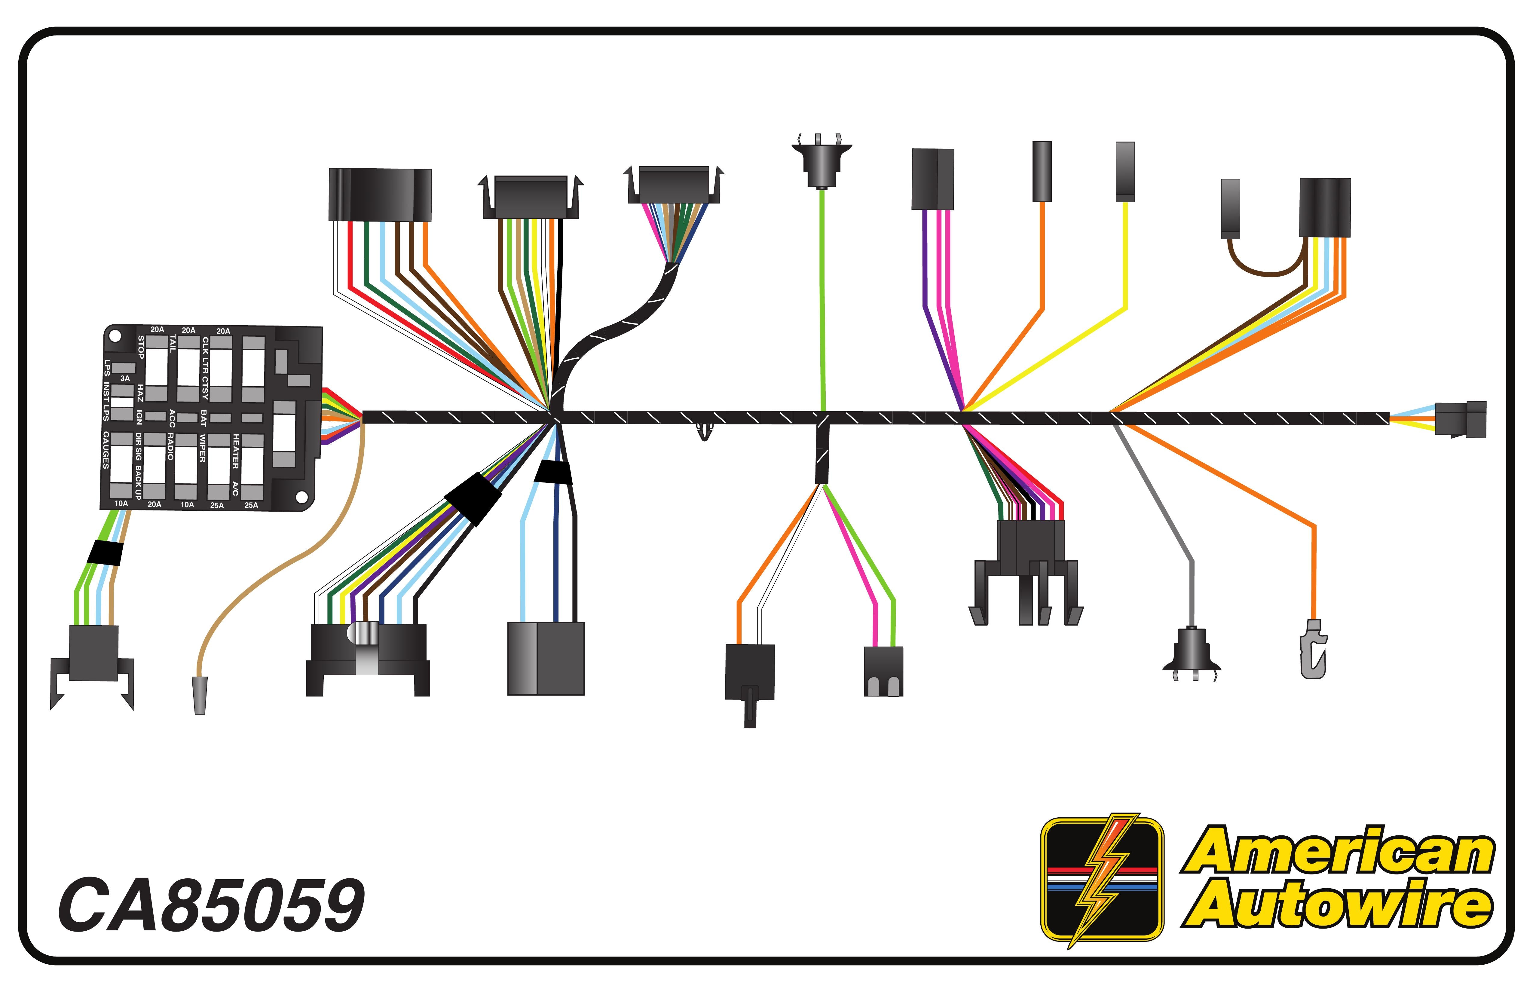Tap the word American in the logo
[x=1339, y=852]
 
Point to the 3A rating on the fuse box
[x=125, y=378]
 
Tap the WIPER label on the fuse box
[x=202, y=448]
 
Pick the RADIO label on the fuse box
[x=171, y=446]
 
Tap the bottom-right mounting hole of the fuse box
[x=301, y=497]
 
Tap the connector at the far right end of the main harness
[x=1461, y=419]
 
